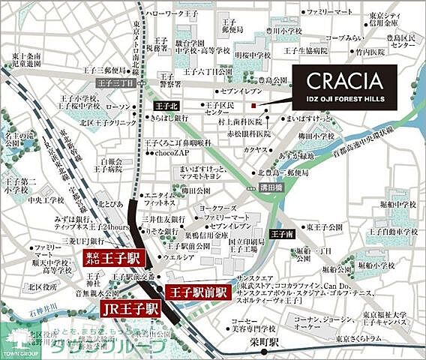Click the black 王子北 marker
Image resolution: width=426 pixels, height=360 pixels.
click(166, 107)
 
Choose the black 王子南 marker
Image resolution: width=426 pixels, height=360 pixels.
click(282, 235)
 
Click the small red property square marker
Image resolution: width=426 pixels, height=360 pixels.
click(255, 105)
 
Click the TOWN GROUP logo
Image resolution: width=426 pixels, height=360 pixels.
click(16, 346)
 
